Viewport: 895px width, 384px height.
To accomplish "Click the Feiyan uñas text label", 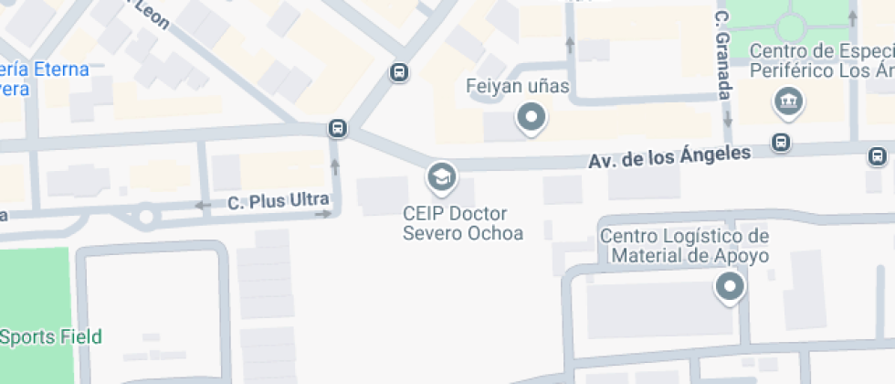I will [x=517, y=88].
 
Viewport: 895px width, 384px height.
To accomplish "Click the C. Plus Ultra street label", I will [x=278, y=200].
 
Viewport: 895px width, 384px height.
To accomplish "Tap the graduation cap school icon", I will [x=442, y=176].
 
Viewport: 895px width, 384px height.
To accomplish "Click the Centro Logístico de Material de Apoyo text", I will [x=684, y=246].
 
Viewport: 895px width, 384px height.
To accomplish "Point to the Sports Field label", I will [x=51, y=336].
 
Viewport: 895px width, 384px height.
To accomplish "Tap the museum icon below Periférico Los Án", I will [x=787, y=101].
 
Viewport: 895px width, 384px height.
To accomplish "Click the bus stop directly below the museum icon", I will [x=781, y=142].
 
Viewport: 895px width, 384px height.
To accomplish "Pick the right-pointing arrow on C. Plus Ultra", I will [x=322, y=214].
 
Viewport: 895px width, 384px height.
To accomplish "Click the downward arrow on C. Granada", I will [x=728, y=119].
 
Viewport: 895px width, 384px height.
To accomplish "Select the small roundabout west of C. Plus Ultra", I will [x=144, y=218].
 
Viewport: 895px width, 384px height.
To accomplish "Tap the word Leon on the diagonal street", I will [x=153, y=16].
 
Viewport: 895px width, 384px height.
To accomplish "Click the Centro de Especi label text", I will [x=821, y=49].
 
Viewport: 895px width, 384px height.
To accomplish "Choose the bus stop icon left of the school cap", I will [x=338, y=128].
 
